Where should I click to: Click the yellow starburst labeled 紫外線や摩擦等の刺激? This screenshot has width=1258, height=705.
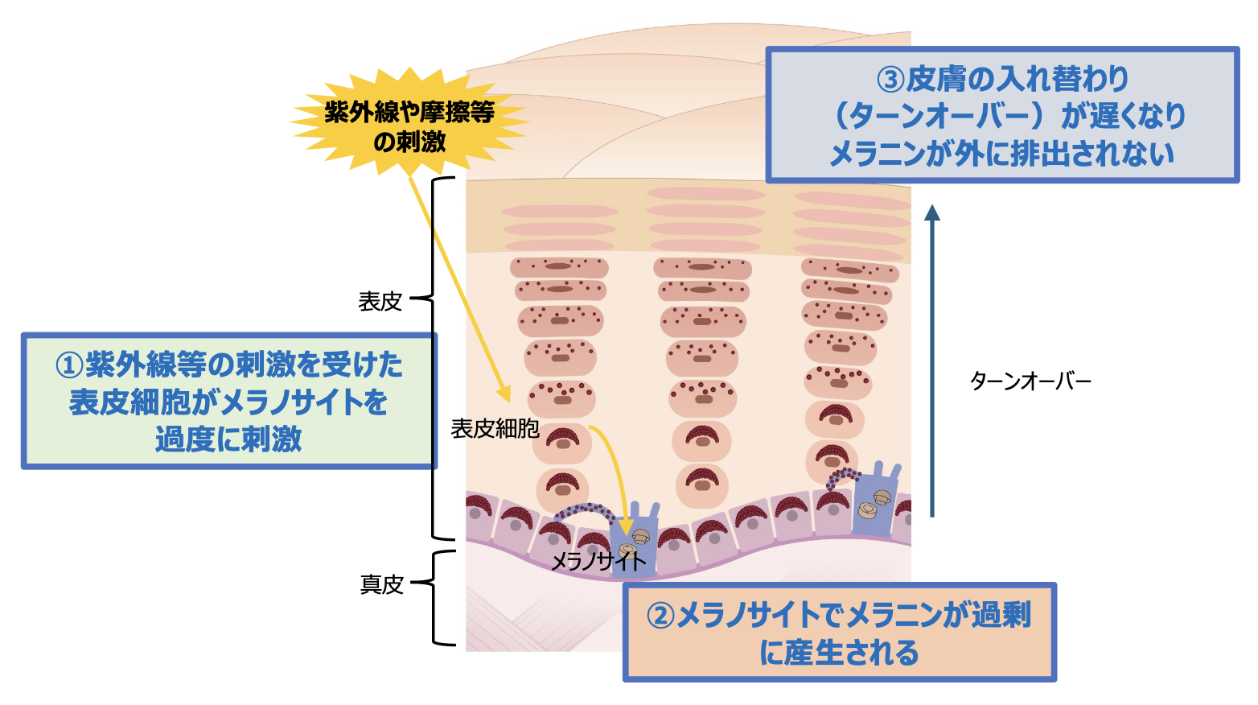click(409, 121)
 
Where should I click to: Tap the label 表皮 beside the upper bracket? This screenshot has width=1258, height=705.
click(380, 301)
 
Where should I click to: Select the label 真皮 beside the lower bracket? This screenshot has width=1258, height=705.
click(381, 584)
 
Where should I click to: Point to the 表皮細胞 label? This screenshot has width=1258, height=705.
click(495, 429)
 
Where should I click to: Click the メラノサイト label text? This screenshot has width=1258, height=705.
click(597, 561)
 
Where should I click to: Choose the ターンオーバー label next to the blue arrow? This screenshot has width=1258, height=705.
click(1030, 381)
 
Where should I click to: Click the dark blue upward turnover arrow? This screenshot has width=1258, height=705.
click(932, 362)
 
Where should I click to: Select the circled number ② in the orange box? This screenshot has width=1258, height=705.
click(661, 616)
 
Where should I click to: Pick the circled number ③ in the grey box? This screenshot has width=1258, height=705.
click(890, 80)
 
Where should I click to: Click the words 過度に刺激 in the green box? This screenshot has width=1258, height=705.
click(228, 439)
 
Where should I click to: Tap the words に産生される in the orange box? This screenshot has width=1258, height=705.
click(839, 653)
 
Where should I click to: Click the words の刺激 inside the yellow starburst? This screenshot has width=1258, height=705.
click(409, 142)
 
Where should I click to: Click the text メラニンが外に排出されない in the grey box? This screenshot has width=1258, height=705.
click(1001, 154)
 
